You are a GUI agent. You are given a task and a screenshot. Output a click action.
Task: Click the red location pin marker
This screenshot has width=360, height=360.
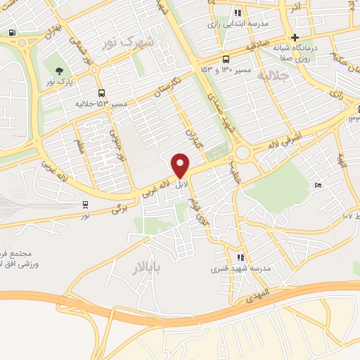coord(181,165)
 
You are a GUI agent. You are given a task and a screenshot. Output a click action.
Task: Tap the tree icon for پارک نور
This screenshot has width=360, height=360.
coord(59,70)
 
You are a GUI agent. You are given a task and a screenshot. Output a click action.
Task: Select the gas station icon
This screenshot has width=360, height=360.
coord(12,32)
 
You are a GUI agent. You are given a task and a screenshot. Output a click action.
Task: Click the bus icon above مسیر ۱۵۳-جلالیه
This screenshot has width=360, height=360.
coord(102,93)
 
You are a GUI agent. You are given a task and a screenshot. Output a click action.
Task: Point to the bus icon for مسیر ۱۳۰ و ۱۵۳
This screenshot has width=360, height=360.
coord(226,59)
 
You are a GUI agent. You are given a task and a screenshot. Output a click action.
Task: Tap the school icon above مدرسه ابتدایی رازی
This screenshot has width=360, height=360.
coord(238,12)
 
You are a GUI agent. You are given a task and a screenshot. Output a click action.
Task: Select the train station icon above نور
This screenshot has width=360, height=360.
coord(85,205)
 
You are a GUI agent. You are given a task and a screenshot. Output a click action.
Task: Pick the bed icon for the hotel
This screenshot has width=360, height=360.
coord(318,185)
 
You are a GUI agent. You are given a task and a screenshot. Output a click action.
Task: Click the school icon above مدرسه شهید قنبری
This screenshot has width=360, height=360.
coord(240,257)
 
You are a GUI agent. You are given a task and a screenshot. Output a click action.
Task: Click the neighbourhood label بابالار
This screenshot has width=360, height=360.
coord(146,266)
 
